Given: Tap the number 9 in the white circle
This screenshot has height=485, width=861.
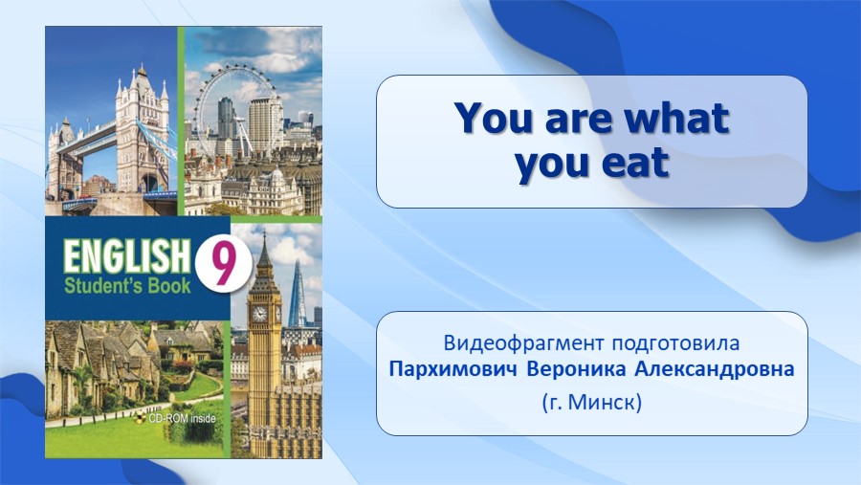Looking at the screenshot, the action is tap(223, 265).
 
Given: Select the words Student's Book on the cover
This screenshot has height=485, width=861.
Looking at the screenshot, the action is tap(127, 286).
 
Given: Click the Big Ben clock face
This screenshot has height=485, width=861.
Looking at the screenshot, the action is tap(259, 314).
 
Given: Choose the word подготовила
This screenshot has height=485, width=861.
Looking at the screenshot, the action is tap(675, 343).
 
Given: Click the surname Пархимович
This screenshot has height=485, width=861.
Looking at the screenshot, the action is tap(453, 369).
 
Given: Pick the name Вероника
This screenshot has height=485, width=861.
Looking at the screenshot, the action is tap(576, 369).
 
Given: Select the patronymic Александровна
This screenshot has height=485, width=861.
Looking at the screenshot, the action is tap(715, 369).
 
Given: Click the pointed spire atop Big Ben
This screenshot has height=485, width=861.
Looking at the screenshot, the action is tap(264, 247).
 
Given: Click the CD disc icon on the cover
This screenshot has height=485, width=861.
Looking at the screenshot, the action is tap(143, 419).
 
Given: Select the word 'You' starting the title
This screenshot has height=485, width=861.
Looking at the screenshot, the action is tap(494, 118).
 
